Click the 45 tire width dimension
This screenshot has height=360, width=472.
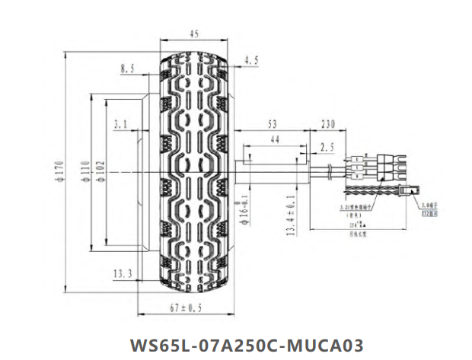pyautogui.click(x=194, y=33)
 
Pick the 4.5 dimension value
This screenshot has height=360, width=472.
pyautogui.click(x=252, y=59)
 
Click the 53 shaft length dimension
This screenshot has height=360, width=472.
pyautogui.click(x=272, y=123)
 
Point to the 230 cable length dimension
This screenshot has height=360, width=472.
pyautogui.click(x=328, y=123)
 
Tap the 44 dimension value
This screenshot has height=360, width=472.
pyautogui.click(x=275, y=139)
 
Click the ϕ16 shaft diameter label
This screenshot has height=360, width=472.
pyautogui.click(x=245, y=206)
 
